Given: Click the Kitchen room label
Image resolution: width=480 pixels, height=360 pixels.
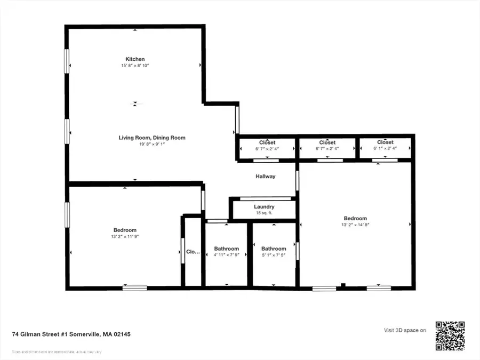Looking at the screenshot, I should tap(135, 59).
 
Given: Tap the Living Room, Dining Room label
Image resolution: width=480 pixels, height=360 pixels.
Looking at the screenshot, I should tap(152, 138).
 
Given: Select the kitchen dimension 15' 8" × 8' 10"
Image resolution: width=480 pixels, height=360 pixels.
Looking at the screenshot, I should tap(135, 66).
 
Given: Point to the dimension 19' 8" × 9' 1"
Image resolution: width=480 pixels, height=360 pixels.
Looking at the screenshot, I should tap(152, 144).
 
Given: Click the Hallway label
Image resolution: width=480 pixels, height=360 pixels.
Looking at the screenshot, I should tap(265, 176).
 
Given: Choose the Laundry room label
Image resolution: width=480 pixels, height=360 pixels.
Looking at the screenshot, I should tap(264, 207).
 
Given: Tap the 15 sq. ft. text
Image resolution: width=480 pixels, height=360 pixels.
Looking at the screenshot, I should tap(264, 213).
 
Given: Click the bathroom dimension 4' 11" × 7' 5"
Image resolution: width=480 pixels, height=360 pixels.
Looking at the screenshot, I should tap(227, 255).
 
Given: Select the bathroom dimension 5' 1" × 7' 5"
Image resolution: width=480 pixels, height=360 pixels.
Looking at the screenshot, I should tap(274, 255).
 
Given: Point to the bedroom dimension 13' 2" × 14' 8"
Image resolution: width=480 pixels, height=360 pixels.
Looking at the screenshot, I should tap(355, 225).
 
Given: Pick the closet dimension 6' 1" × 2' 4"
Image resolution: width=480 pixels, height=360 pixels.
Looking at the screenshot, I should tap(385, 149).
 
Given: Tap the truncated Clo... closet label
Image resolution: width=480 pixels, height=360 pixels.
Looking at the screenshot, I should tap(193, 251).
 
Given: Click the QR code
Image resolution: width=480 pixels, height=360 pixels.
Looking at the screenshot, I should tap(450, 336).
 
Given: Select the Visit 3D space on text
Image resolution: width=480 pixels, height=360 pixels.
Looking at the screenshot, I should tap(405, 331).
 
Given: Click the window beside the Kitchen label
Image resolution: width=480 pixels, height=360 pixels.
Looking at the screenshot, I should tap(67, 61).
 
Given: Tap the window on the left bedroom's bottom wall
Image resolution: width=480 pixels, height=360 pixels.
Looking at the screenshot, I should tap(134, 289).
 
